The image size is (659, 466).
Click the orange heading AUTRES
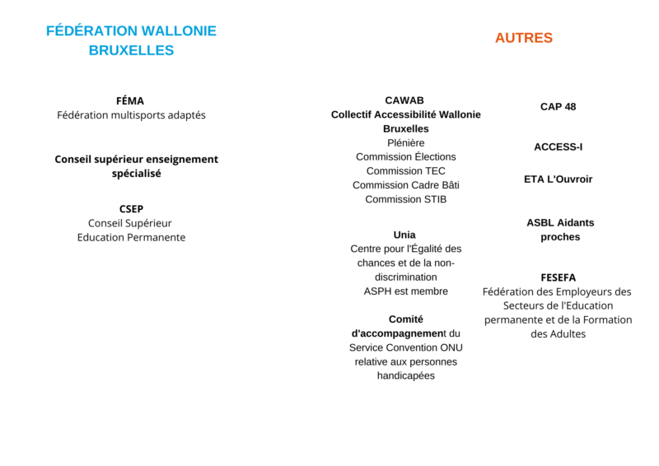click(x=523, y=38)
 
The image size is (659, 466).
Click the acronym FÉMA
click(x=130, y=100)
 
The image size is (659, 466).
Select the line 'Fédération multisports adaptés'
click(x=131, y=115)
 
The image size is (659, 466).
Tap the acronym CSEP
click(x=131, y=209)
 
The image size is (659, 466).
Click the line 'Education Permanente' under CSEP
click(x=131, y=237)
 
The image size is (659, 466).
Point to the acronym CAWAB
click(x=405, y=100)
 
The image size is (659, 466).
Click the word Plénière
click(x=405, y=142)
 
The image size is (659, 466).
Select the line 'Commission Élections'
click(x=405, y=156)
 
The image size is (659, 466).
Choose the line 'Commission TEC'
click(x=405, y=171)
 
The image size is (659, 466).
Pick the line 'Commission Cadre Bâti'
click(x=405, y=185)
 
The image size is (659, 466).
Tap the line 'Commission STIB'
click(x=405, y=199)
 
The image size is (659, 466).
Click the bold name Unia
click(x=404, y=235)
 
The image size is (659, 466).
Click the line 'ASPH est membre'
click(x=405, y=291)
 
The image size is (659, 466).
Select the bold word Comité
click(x=405, y=319)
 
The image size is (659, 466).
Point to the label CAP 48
click(x=558, y=107)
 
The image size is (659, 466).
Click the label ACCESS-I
click(x=558, y=147)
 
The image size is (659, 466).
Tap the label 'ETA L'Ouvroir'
click(x=558, y=179)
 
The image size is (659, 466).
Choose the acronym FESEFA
click(x=558, y=277)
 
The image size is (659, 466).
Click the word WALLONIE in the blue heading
click(x=179, y=31)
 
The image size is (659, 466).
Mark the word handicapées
click(x=405, y=375)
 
